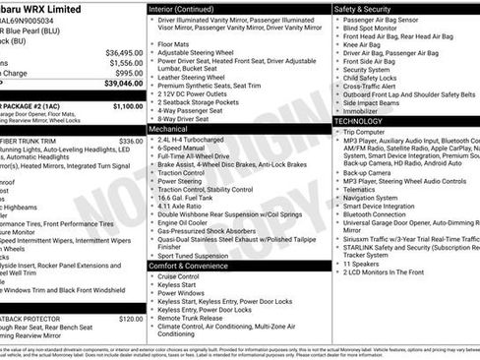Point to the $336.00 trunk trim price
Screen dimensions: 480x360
point(131,141)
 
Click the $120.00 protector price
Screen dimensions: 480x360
point(131,319)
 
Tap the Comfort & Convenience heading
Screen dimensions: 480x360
point(194,265)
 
